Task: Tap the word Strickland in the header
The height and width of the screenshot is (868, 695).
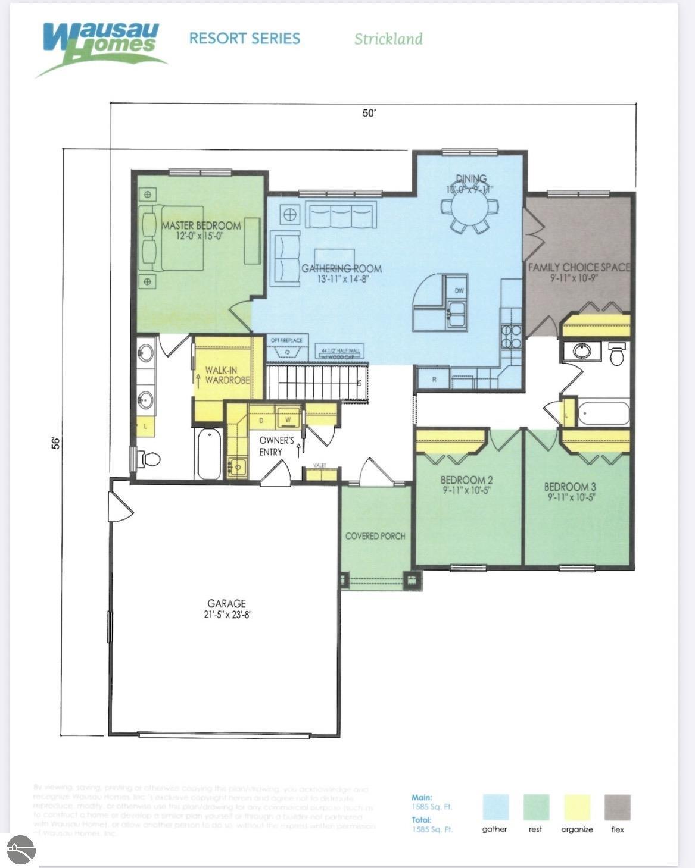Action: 388,39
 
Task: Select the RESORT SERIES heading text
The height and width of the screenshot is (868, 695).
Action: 244,39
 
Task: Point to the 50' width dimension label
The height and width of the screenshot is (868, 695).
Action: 369,113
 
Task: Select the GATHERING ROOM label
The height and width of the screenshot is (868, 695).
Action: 341,268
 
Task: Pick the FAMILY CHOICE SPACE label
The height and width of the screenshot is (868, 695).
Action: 579,267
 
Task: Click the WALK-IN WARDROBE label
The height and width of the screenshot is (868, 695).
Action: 227,375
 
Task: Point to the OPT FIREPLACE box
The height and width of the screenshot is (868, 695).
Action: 287,347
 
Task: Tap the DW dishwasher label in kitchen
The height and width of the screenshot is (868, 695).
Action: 459,291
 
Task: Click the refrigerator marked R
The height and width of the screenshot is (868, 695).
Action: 434,379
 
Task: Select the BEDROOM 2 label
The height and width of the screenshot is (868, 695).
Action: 466,480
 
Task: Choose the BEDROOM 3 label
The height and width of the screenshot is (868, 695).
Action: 570,486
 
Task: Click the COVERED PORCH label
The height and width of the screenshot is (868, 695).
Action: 375,536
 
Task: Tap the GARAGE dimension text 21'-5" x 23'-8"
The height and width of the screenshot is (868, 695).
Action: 226,615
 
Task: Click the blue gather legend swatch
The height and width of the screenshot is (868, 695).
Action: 495,807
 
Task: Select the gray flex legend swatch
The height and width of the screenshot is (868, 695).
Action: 617,807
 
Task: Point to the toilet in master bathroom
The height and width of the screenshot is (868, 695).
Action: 149,459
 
